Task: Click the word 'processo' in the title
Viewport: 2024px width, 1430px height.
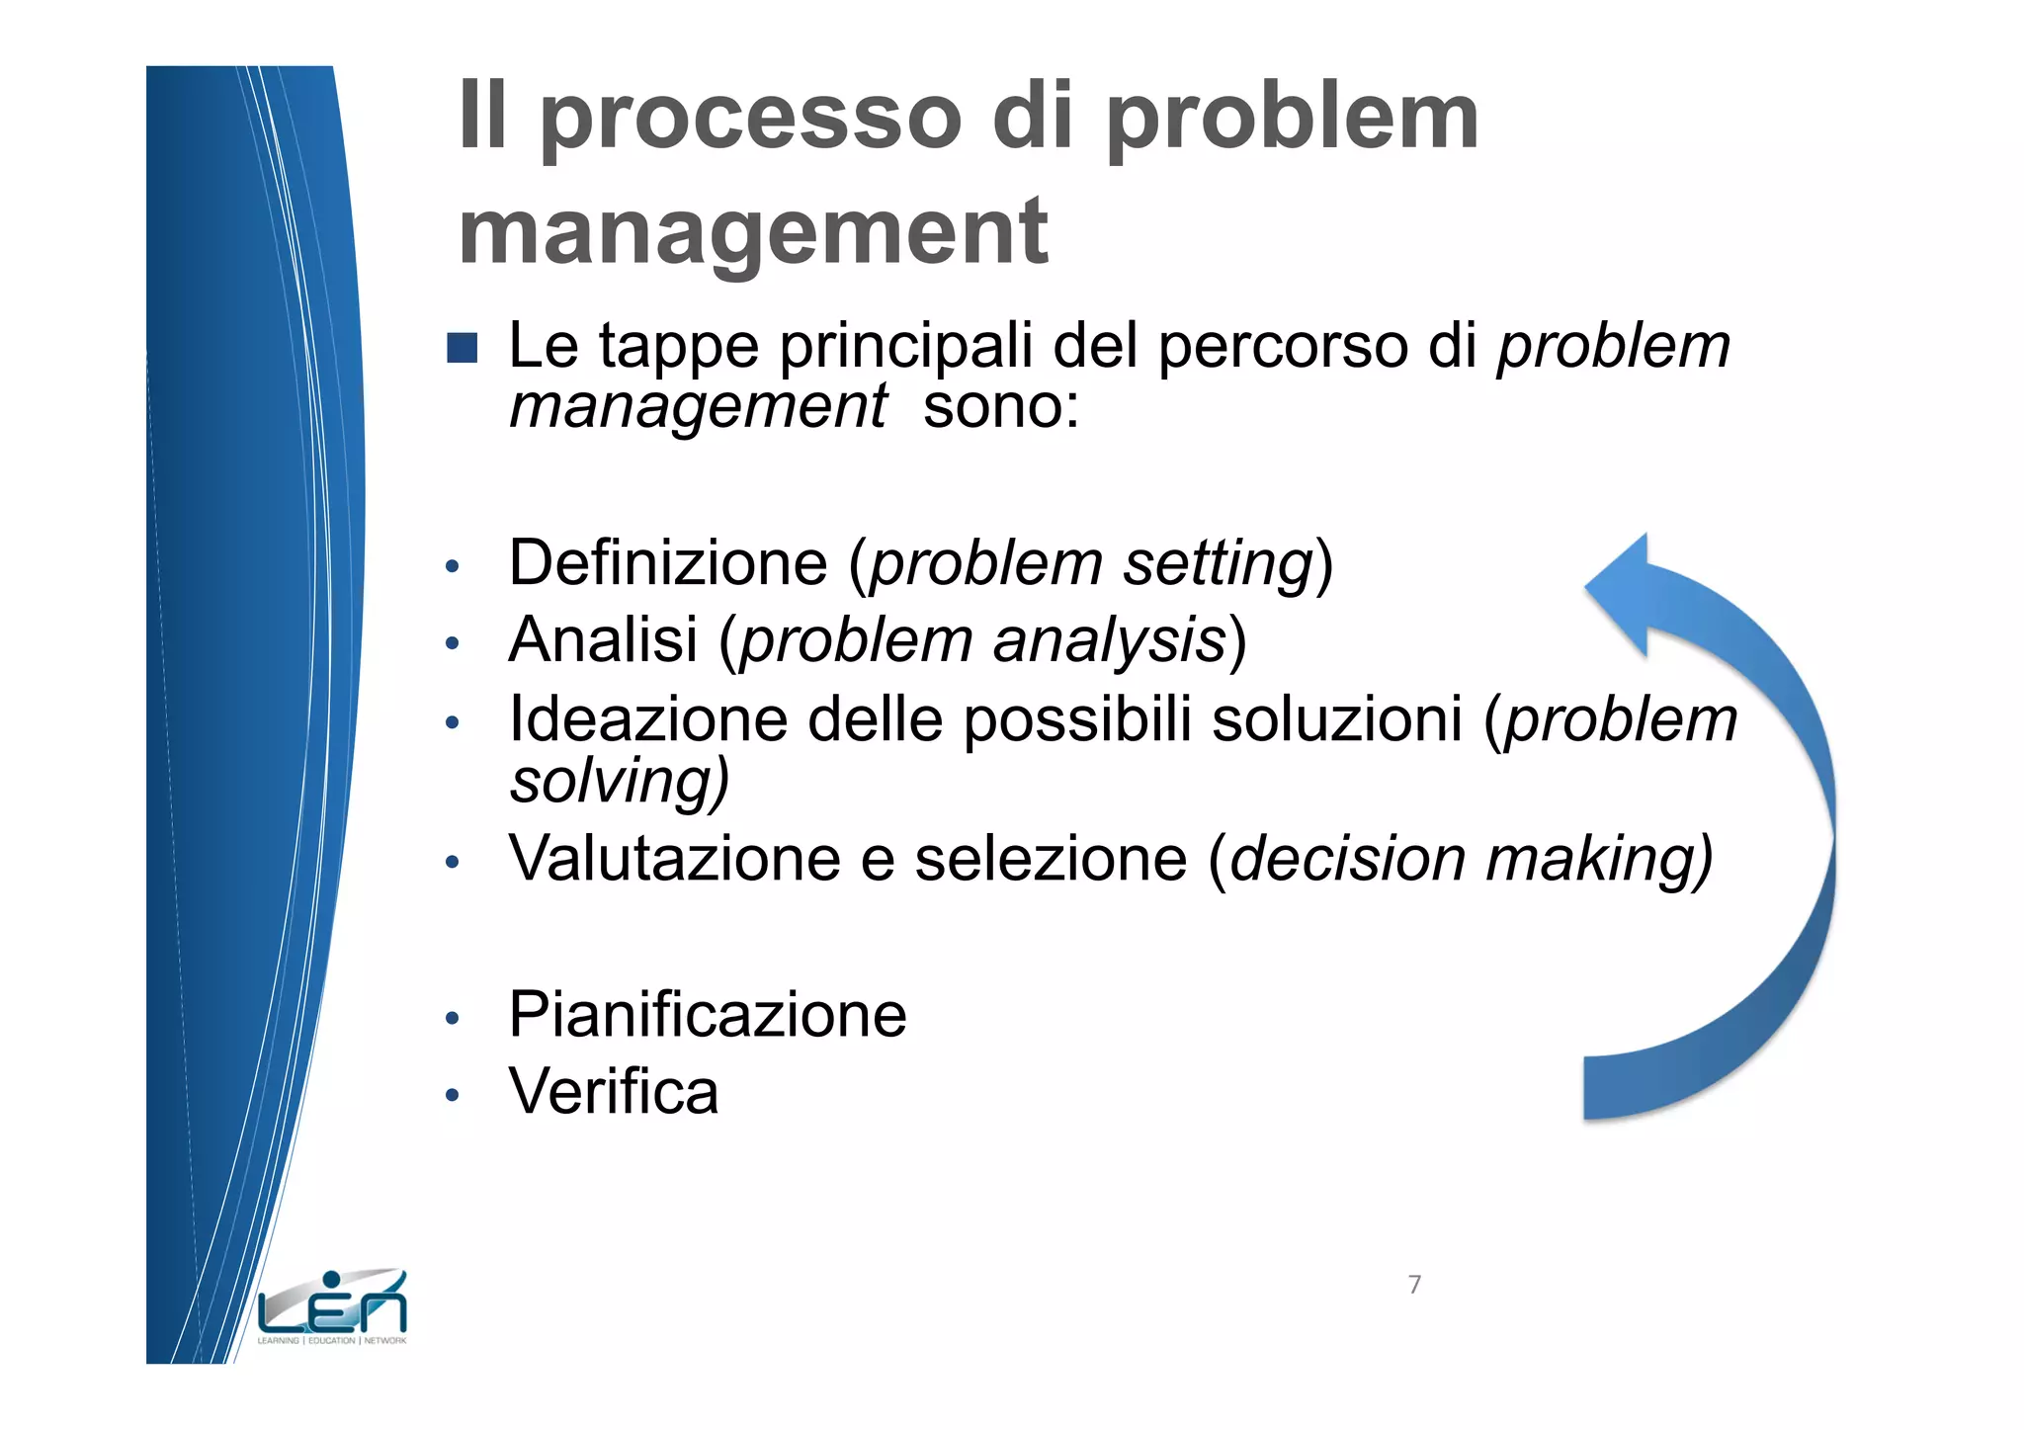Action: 750,121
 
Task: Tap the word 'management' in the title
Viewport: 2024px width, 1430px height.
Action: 753,233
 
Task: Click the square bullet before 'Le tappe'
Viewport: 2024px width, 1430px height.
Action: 462,348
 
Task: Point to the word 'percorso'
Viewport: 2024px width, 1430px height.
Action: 1283,348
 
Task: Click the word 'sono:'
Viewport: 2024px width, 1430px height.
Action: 1000,406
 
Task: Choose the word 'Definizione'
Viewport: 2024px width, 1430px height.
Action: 668,563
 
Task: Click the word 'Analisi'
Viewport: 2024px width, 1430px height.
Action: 603,640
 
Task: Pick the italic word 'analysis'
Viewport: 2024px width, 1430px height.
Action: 1109,641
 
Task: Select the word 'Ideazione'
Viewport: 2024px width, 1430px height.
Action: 648,718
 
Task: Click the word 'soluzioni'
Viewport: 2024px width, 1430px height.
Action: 1336,718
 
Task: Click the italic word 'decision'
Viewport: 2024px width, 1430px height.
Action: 1348,858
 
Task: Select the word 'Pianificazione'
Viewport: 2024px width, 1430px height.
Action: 708,1015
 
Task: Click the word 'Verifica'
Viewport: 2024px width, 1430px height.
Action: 613,1092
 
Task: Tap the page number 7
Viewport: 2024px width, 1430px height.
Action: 1414,1285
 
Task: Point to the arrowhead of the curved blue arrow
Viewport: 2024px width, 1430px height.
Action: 1627,593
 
